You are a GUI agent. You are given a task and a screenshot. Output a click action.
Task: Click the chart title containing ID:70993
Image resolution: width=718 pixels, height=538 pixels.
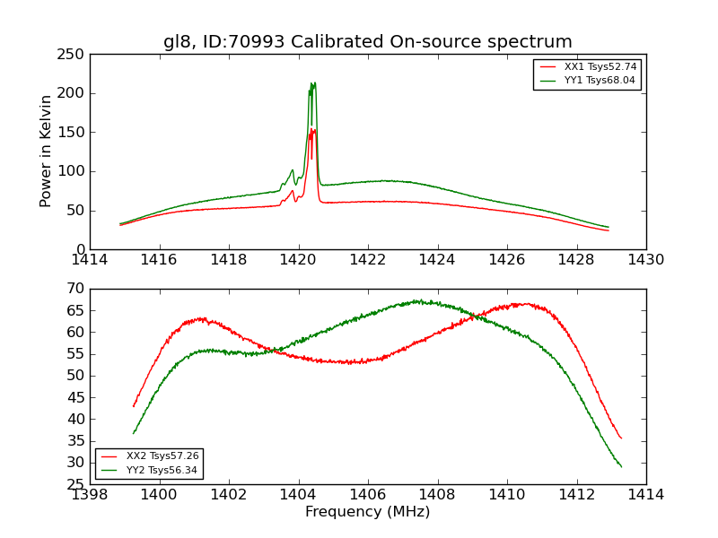click(367, 41)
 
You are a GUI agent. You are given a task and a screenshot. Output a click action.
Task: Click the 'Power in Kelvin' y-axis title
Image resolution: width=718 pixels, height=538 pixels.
click(46, 151)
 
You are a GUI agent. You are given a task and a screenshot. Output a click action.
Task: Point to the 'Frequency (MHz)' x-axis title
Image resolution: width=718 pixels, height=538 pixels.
click(367, 512)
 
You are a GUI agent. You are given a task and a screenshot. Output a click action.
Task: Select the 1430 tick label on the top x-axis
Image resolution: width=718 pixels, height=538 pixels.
click(646, 260)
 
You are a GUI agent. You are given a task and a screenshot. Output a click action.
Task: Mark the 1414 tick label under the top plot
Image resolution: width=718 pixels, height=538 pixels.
click(90, 260)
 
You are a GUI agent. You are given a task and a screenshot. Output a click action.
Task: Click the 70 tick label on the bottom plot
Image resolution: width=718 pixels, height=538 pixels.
click(75, 289)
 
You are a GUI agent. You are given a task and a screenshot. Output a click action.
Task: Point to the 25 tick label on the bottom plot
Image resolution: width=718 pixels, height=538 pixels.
click(75, 485)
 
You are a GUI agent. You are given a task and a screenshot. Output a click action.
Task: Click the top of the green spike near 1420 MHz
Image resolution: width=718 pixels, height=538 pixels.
click(313, 83)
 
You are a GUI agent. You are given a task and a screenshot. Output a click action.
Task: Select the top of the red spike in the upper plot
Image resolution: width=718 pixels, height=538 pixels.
click(313, 129)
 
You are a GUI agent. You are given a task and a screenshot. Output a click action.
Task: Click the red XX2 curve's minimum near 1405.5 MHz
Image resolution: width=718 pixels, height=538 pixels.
click(350, 362)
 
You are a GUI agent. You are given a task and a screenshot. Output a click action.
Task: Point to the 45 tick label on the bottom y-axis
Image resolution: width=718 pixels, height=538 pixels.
click(75, 419)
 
